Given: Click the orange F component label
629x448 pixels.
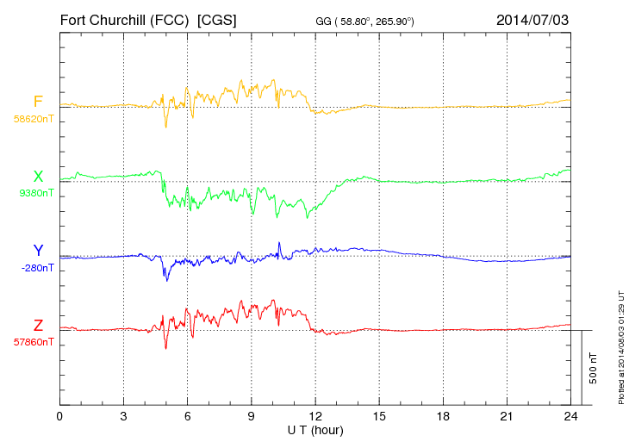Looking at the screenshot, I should [x=38, y=103].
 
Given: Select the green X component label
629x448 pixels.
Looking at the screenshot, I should [x=38, y=177].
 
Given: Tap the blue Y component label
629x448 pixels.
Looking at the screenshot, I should [x=38, y=251].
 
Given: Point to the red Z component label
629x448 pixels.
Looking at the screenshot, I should [x=38, y=326].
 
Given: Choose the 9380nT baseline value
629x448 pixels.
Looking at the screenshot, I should [x=35, y=193].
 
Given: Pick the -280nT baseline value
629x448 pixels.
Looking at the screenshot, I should [x=35, y=268].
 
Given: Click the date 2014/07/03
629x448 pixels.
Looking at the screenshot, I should [x=532, y=19].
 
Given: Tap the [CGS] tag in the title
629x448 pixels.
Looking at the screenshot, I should [x=217, y=19].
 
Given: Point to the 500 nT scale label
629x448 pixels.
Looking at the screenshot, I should [x=594, y=367].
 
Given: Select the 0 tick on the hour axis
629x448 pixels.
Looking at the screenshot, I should [x=59, y=416].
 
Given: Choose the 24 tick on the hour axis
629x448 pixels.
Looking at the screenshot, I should [x=570, y=416].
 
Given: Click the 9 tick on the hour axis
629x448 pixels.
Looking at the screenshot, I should [x=251, y=416].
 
